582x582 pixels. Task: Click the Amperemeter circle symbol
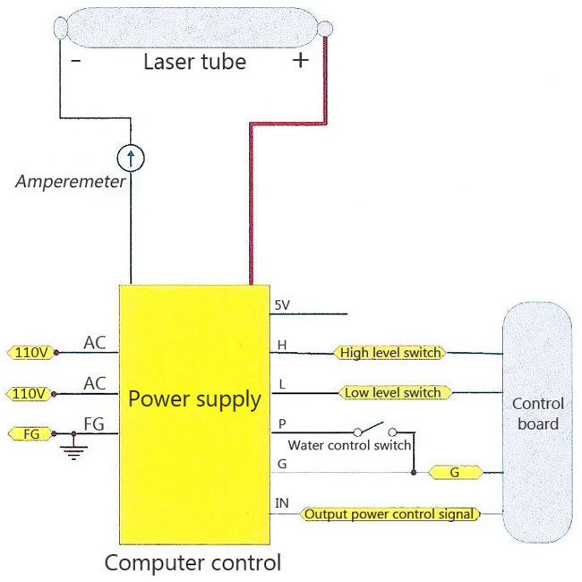point(131,158)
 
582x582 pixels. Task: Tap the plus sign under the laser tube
point(301,60)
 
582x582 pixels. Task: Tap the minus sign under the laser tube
point(76,60)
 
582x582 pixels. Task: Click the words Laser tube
point(195,62)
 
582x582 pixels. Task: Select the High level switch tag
point(390,353)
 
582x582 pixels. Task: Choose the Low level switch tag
point(395,393)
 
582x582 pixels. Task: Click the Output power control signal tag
point(389,514)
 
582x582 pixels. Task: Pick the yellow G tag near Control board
point(455,473)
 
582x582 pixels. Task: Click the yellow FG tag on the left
point(31,434)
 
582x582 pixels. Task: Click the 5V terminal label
point(282,305)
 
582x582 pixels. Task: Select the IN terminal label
point(282,503)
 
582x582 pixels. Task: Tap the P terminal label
point(282,424)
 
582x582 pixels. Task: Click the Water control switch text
point(349,445)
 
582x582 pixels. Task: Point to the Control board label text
point(538,414)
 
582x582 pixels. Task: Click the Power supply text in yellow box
point(194,399)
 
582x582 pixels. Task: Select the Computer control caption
point(193,562)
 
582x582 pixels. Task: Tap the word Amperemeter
point(70,182)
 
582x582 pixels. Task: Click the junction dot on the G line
point(414,473)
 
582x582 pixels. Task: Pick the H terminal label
point(282,346)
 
